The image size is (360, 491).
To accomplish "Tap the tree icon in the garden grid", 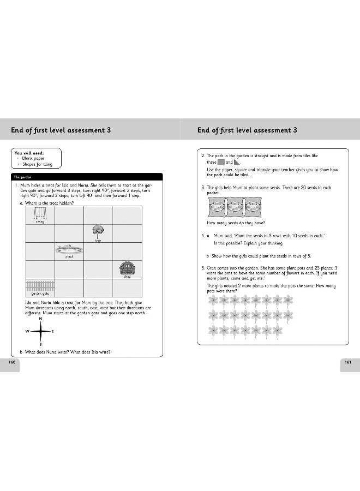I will (98, 231).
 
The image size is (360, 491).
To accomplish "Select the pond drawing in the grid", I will (69, 249).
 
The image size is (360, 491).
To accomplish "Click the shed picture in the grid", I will (127, 268).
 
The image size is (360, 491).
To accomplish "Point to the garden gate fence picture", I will (40, 286).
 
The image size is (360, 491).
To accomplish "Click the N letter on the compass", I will (40, 318).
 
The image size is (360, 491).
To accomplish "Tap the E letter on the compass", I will (52, 332).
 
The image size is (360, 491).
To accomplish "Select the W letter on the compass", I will (27, 332).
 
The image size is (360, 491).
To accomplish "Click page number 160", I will (10, 362).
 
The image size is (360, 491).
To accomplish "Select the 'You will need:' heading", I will (29, 153).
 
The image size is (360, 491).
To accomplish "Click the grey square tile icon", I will (221, 162).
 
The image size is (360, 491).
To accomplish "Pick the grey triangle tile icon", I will (237, 162).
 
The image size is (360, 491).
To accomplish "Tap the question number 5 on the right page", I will (202, 268).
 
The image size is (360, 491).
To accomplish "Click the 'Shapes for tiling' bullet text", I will (38, 164).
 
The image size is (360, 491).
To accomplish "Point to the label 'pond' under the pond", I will (69, 256).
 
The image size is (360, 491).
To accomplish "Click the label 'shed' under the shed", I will (127, 277).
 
